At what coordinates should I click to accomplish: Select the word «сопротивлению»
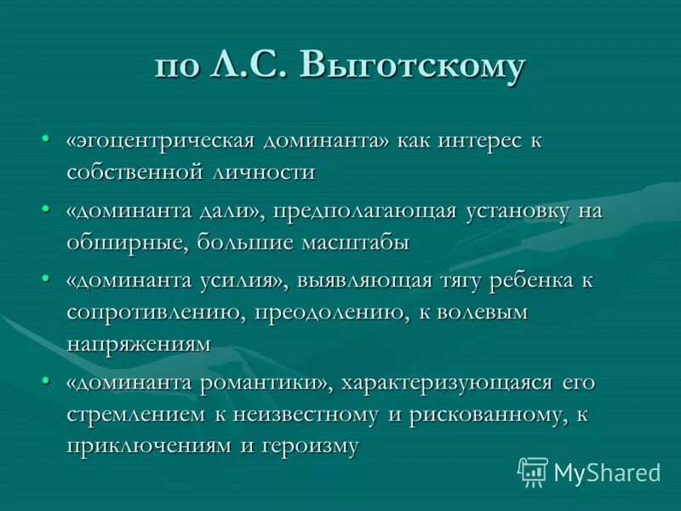(x=154, y=312)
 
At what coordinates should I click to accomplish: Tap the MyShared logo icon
(x=533, y=470)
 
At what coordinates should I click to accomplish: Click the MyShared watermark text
(x=606, y=472)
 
